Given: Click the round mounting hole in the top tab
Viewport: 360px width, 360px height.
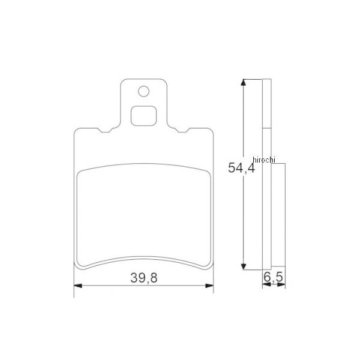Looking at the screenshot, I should (143, 91).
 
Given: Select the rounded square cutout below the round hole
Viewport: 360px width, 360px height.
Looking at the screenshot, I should (143, 115).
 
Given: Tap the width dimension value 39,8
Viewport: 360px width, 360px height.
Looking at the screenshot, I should (143, 277).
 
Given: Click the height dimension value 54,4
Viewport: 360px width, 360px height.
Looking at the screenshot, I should (241, 169).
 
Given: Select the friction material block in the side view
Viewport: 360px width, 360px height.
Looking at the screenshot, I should (278, 216).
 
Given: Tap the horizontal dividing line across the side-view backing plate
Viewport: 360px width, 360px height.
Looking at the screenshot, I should (267, 128).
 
